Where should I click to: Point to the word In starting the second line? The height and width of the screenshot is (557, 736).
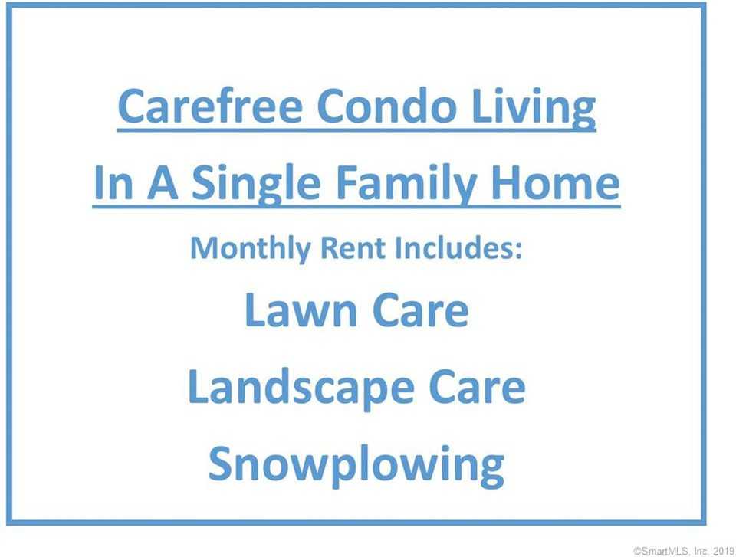pos(113,182)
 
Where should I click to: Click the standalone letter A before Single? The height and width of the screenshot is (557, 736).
pos(163,182)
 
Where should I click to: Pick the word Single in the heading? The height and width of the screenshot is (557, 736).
pos(257,185)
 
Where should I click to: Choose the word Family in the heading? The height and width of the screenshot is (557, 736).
pos(406,185)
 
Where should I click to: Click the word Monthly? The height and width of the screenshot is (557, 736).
pos(250,248)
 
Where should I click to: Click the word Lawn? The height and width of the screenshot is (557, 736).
pos(301,310)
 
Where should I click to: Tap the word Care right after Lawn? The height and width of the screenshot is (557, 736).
pos(421,310)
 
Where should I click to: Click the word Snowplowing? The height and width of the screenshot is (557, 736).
pos(356,466)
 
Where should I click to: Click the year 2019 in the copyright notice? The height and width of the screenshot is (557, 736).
pos(724,551)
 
